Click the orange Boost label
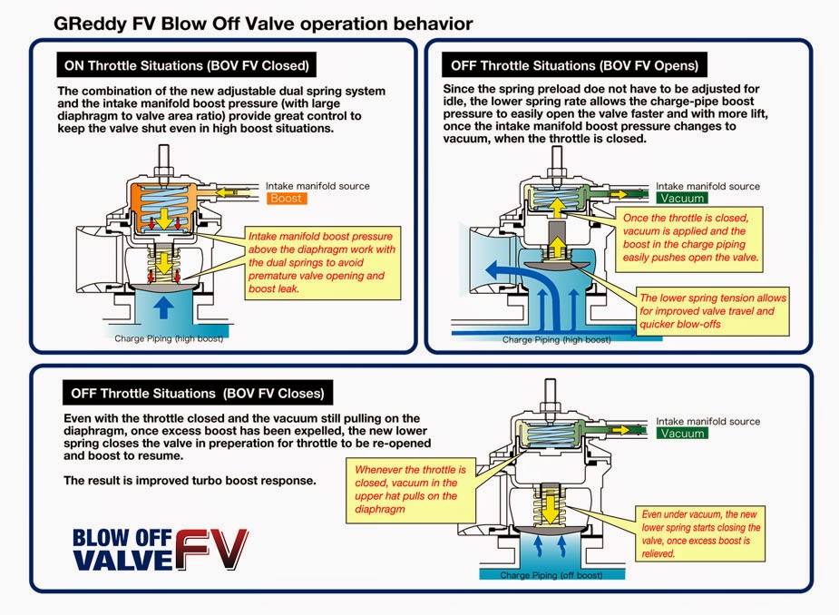[x=287, y=199]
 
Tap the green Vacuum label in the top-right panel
[x=682, y=198]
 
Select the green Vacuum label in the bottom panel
[x=682, y=433]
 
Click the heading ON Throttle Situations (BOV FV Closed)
[x=186, y=65]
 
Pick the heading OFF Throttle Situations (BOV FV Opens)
[x=574, y=65]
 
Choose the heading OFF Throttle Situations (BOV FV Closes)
[x=198, y=394]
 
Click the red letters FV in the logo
[x=211, y=550]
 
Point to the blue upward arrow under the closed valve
[x=163, y=307]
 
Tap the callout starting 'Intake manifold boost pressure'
[x=322, y=262]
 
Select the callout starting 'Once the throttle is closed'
[x=689, y=238]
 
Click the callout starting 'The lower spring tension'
[x=712, y=311]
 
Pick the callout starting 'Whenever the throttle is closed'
[x=410, y=489]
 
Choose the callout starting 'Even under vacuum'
[x=700, y=533]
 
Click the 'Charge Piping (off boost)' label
[x=551, y=575]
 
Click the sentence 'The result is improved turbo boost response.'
[x=190, y=481]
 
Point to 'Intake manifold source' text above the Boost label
[x=317, y=186]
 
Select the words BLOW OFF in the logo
[x=122, y=538]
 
